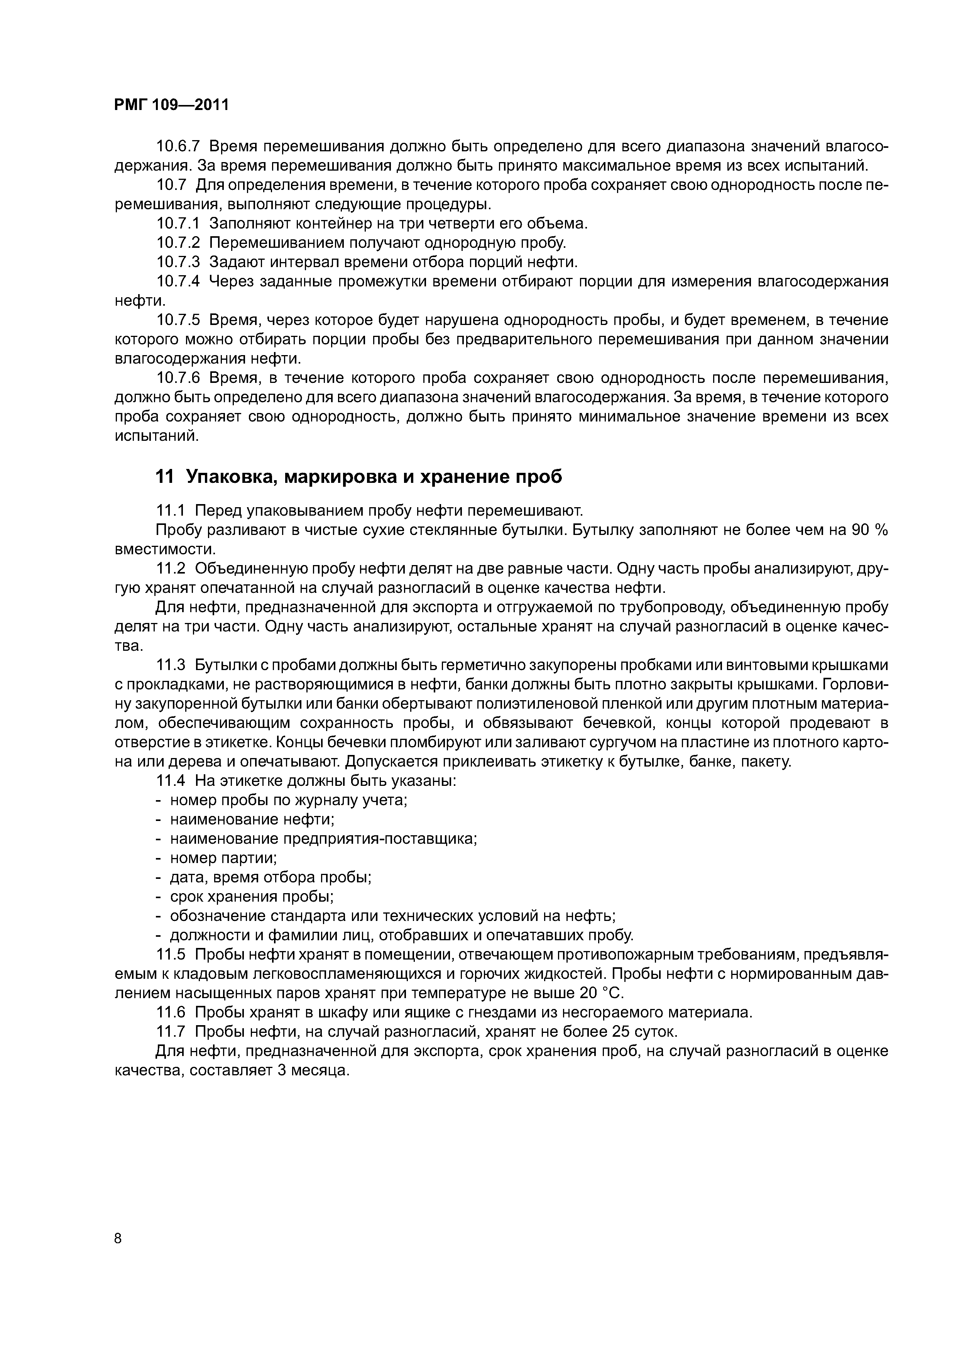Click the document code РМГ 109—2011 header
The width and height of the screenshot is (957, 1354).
click(171, 105)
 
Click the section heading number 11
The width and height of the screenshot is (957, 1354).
click(164, 477)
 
